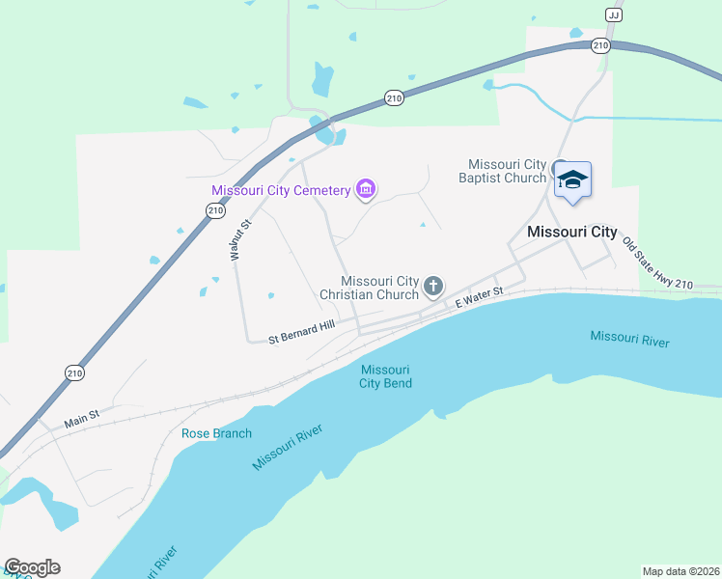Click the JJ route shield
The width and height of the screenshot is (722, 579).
[x=613, y=14]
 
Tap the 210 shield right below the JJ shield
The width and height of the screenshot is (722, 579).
[x=600, y=45]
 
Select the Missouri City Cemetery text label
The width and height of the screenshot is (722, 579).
[x=281, y=190]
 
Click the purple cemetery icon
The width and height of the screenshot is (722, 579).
[x=366, y=189]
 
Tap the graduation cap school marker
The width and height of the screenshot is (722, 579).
[x=572, y=179]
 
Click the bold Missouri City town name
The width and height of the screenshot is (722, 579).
[x=571, y=232]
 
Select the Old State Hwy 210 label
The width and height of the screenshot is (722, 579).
[x=657, y=263]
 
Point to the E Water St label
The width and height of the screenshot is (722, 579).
[x=480, y=297]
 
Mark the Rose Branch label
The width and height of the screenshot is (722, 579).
[x=216, y=433]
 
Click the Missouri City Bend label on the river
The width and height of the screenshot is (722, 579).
[x=385, y=376]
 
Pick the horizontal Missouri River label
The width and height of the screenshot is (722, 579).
[x=629, y=339]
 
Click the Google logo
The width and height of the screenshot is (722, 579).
[x=32, y=567]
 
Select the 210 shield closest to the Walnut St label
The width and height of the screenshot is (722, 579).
[x=215, y=209]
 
